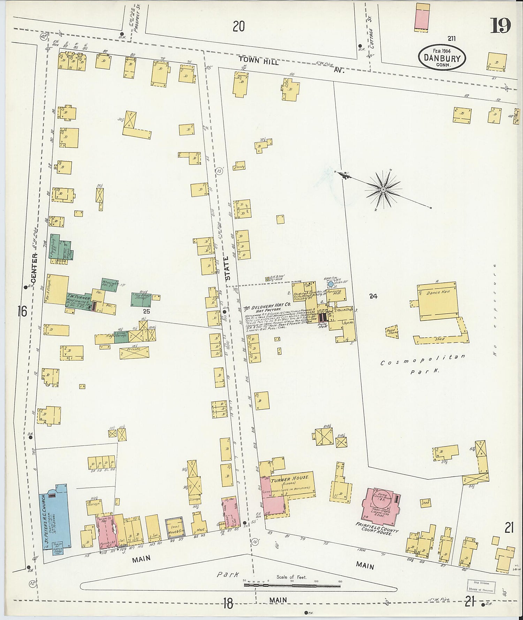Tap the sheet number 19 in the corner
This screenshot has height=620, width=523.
500,25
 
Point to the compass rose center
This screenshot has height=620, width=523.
383,189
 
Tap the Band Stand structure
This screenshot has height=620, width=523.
392,332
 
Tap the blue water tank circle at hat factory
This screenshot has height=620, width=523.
331,284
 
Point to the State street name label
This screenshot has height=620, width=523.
228,269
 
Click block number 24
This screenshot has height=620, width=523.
373,296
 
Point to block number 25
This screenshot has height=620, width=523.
146,311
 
